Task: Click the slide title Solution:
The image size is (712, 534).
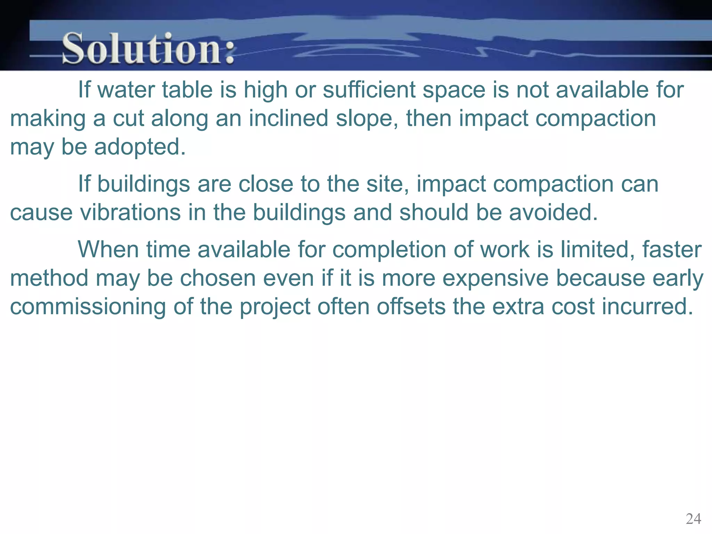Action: (148, 49)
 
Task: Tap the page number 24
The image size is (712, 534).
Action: (693, 519)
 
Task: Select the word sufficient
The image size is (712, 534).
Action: (369, 90)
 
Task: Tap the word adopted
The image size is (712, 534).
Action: (140, 147)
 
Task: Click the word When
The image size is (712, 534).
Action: (108, 250)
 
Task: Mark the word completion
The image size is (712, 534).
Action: (389, 250)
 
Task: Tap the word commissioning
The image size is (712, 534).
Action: (88, 307)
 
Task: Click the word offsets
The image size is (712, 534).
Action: (411, 307)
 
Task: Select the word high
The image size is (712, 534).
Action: (266, 90)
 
